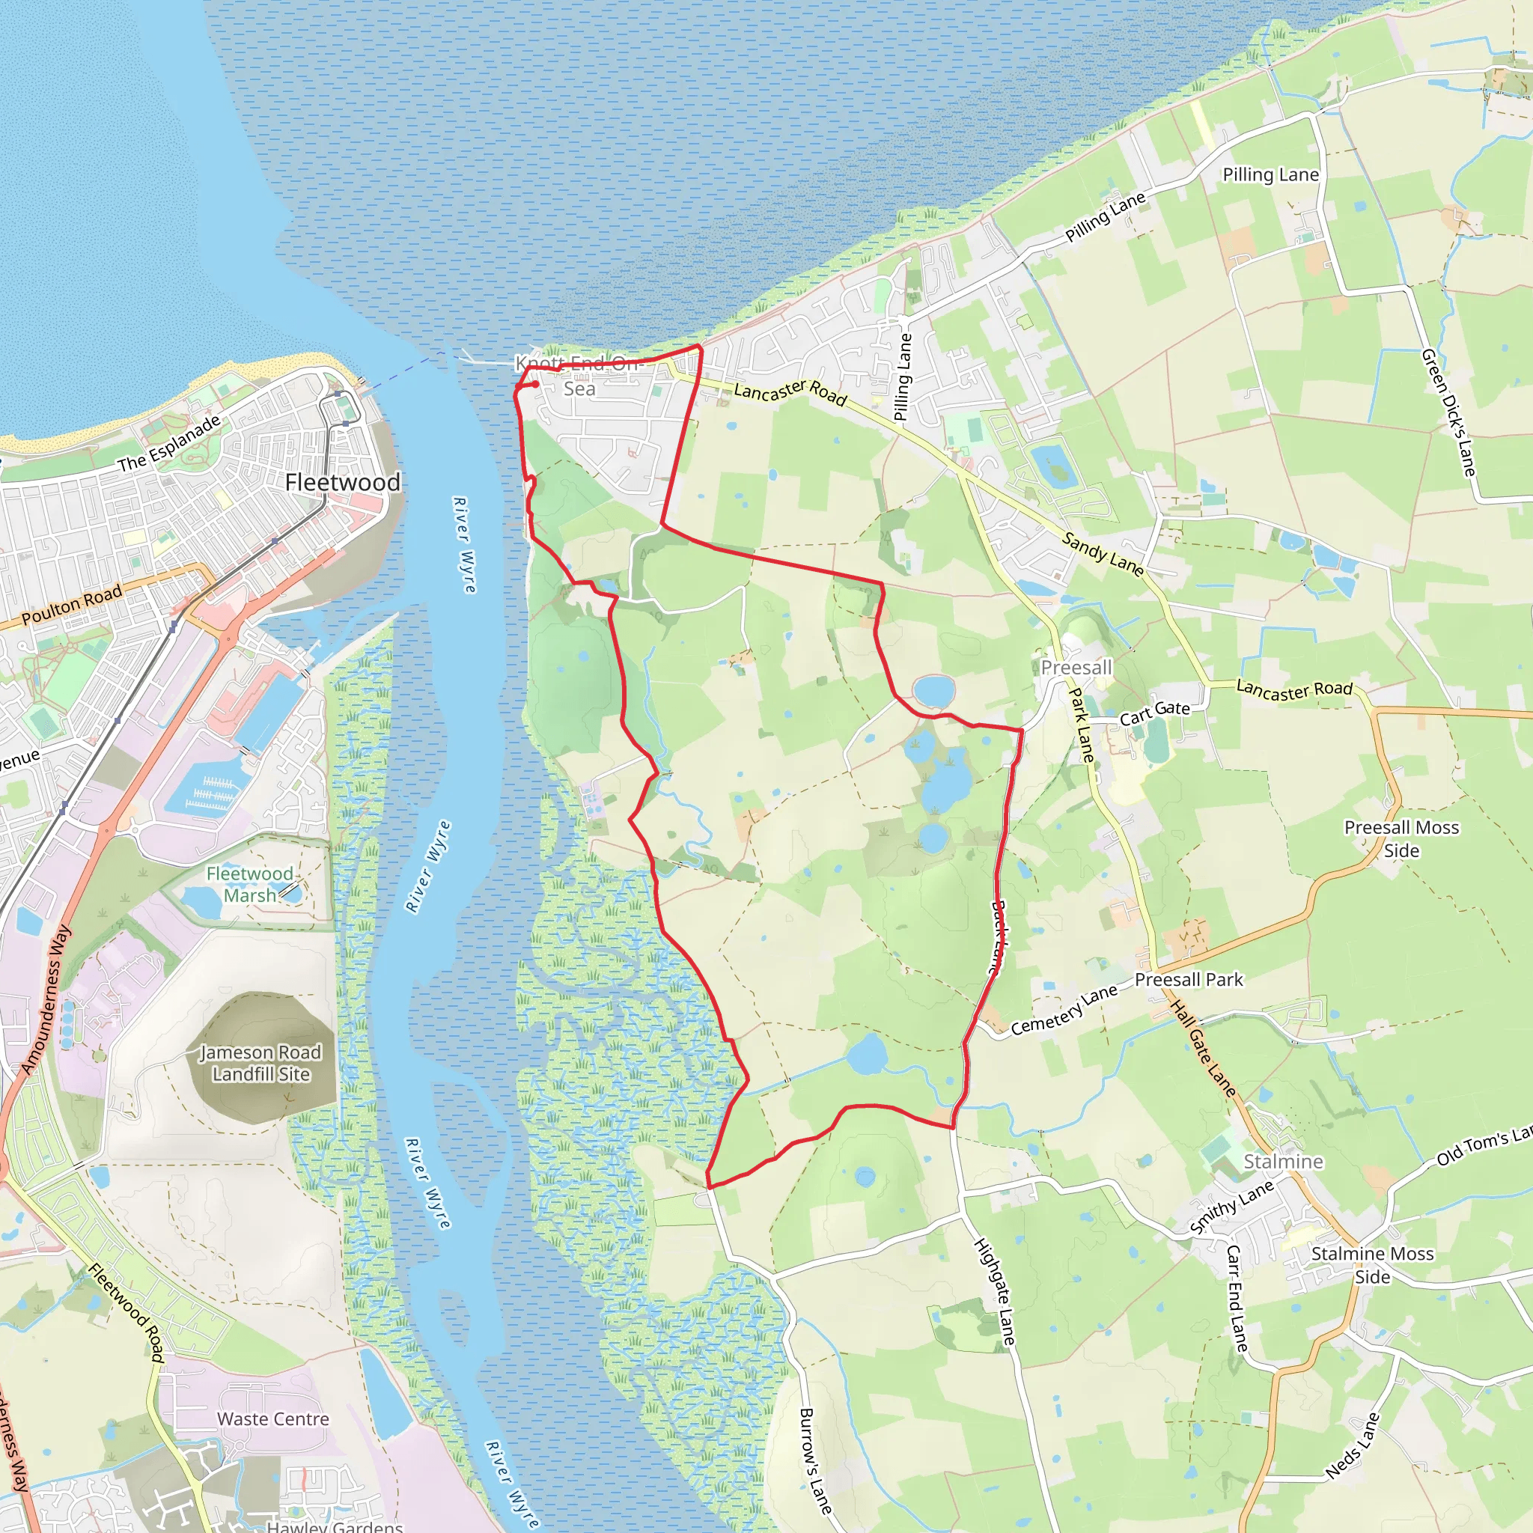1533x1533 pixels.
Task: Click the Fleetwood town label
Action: [342, 483]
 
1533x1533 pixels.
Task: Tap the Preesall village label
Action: [1076, 667]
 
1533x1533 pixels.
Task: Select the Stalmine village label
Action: [1283, 1162]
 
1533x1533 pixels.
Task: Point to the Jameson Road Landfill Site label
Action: [260, 1063]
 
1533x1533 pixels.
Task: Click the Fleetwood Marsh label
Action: [249, 884]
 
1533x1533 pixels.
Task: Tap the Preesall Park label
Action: [1189, 980]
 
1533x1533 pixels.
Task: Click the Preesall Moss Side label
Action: [1401, 838]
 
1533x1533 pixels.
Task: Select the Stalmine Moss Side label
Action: [1372, 1265]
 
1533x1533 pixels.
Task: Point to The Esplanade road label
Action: [169, 444]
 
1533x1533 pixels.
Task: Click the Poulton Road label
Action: [71, 604]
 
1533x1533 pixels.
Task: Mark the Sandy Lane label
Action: [1102, 554]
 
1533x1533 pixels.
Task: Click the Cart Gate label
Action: [1154, 713]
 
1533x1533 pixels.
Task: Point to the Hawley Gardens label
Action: [335, 1526]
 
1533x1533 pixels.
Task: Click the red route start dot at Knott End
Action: [536, 384]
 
